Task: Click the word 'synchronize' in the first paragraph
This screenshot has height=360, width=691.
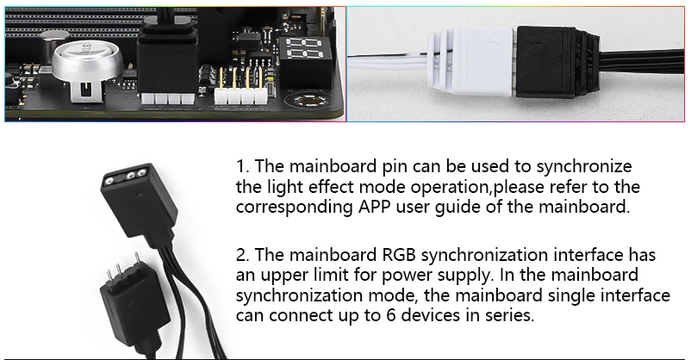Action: click(582, 165)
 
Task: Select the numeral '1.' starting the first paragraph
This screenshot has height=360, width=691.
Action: click(241, 165)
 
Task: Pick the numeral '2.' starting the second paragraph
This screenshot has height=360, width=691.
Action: click(242, 255)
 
